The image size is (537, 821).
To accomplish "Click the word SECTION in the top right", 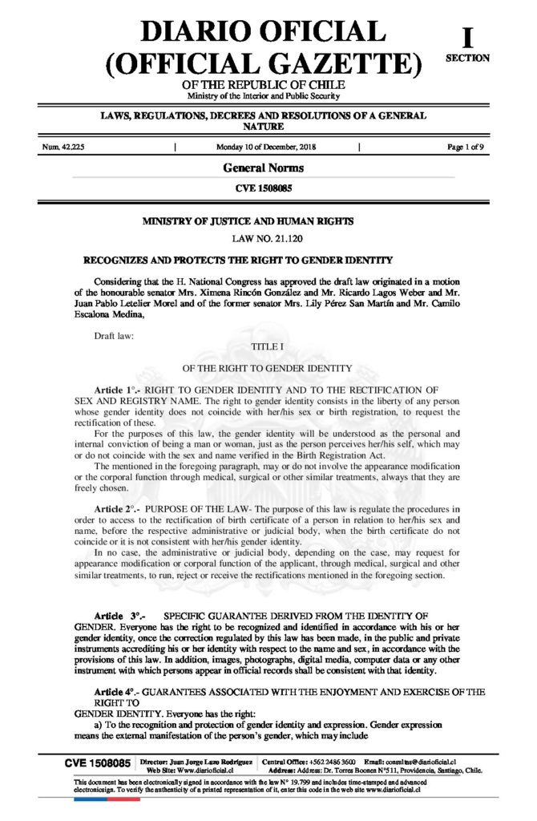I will click(x=468, y=58).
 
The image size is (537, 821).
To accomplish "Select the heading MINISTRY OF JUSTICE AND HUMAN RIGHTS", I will click(x=247, y=220).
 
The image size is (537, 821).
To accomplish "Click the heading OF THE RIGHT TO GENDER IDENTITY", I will click(x=267, y=368).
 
